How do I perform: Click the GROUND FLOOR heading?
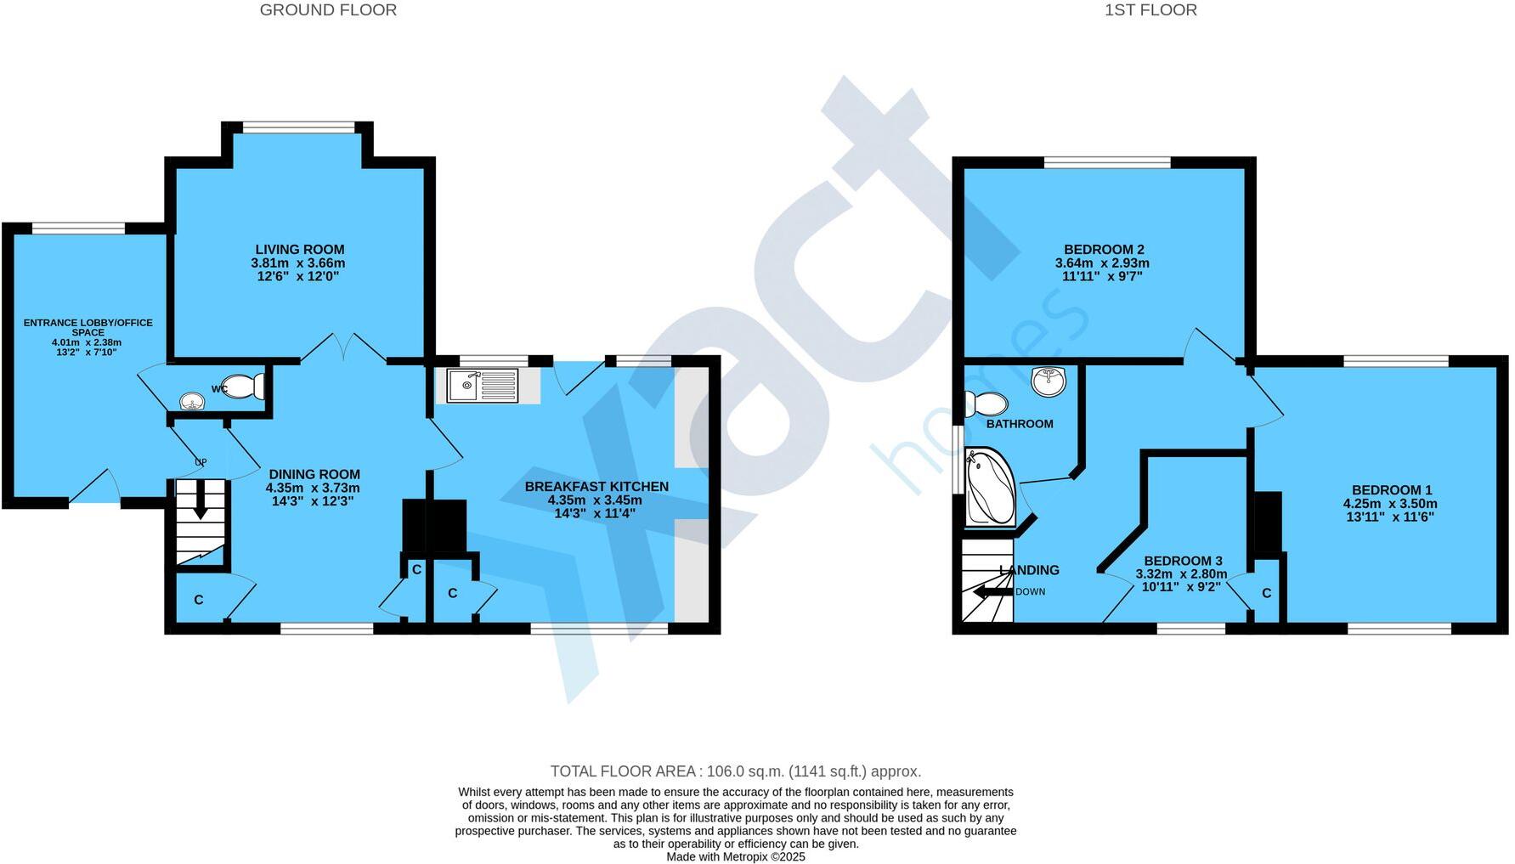pos(328,10)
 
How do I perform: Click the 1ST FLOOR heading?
pos(1150,10)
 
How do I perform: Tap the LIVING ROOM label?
pos(300,250)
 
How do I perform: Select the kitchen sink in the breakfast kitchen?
pos(483,386)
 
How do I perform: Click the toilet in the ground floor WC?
pos(243,387)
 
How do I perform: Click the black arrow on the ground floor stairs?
pos(201,500)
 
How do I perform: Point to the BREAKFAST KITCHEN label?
pos(596,487)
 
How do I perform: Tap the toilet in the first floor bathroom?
pos(986,403)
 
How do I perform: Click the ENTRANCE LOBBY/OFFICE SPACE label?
pos(88,327)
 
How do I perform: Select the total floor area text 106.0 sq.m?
pos(735,771)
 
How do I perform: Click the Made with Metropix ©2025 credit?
pos(735,856)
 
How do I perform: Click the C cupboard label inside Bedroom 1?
pos(1266,593)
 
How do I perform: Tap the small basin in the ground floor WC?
pos(194,400)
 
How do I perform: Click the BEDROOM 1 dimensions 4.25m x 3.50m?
pos(1390,503)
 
